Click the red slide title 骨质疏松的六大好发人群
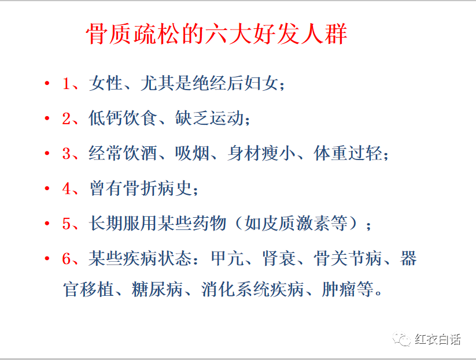(216, 35)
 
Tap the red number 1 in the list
(66, 84)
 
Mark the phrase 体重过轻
(347, 154)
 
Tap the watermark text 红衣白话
(438, 339)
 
